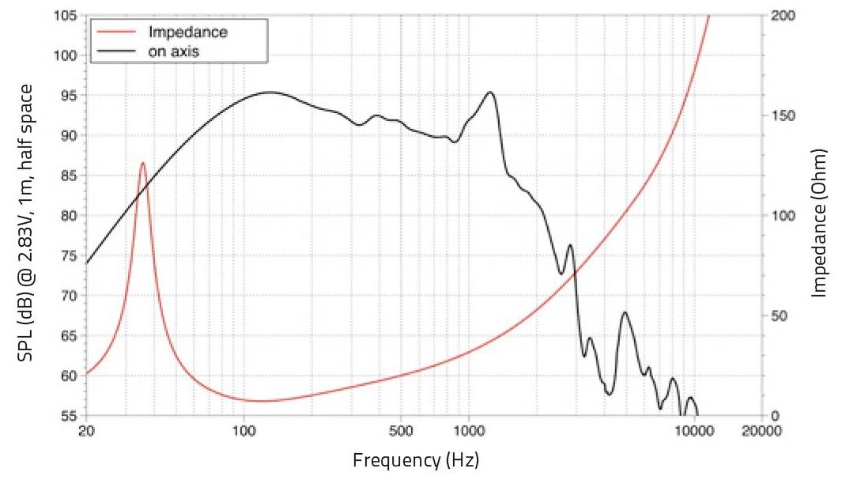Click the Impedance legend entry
click(x=187, y=32)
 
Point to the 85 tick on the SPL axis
click(x=67, y=176)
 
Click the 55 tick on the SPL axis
click(x=67, y=415)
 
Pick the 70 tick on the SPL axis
click(x=67, y=296)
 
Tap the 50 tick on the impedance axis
click(x=778, y=316)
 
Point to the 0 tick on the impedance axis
click(x=775, y=415)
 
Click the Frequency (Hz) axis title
click(x=416, y=459)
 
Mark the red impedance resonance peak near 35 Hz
click(x=143, y=163)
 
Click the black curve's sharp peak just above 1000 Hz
click(x=490, y=93)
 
